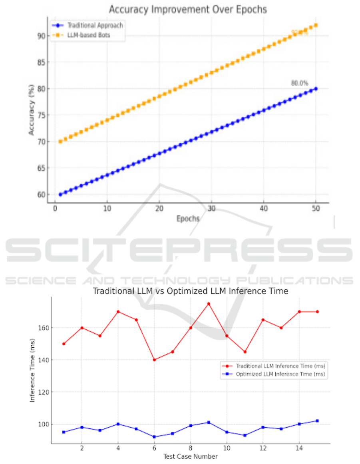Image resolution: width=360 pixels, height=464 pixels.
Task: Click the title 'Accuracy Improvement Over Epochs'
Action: (187, 9)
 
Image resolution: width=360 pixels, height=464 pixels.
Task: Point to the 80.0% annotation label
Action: (299, 83)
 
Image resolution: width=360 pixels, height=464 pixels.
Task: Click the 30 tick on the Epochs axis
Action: (211, 209)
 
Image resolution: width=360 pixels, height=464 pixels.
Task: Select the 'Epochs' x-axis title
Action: (188, 219)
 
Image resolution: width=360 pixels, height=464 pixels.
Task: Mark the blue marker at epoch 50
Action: (316, 88)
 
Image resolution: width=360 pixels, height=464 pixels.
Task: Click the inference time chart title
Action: (190, 291)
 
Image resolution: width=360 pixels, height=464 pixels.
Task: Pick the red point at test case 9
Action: (209, 304)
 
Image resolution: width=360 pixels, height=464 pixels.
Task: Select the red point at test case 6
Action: (154, 360)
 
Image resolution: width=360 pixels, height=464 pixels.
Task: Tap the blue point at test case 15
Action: (317, 421)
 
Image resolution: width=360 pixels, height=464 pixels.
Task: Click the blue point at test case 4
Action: (118, 424)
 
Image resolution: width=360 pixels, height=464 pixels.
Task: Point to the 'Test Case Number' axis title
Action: (190, 456)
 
